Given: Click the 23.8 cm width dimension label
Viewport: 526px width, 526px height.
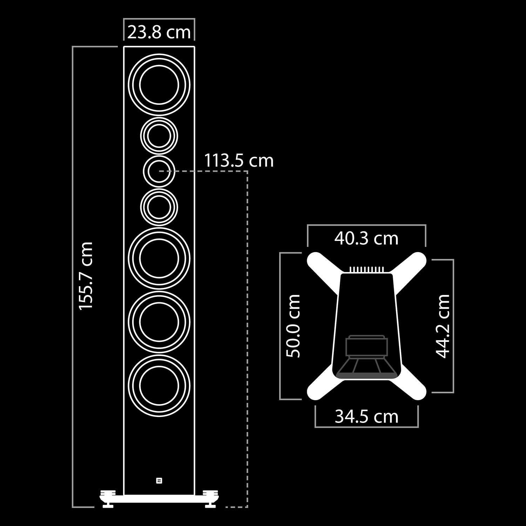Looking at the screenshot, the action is coord(159,32).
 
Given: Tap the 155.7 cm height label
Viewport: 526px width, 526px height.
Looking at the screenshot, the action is coord(86,276).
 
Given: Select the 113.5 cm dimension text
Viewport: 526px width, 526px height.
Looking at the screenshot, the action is coord(239,161).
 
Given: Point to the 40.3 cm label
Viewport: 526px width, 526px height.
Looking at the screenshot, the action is coord(366,238).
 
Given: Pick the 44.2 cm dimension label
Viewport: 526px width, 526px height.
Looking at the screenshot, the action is coord(443,326).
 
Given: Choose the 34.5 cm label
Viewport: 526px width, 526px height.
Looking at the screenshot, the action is coord(366,417).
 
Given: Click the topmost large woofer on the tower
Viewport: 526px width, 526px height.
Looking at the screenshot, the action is coord(159,85).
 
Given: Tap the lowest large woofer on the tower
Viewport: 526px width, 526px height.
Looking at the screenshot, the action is coord(159,385).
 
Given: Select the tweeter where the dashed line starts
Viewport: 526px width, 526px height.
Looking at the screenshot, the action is coord(159,171).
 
